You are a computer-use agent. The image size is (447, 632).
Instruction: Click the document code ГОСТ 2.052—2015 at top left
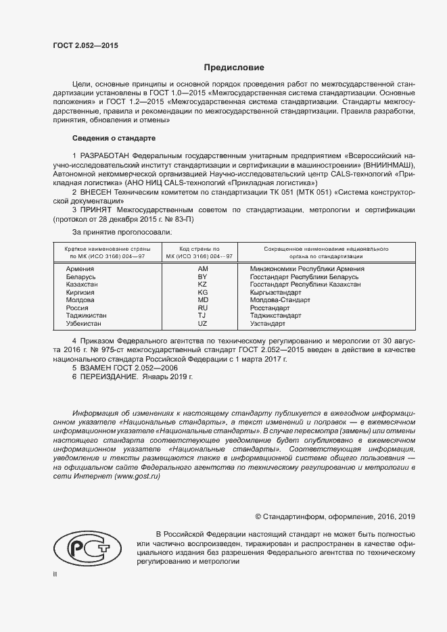85,45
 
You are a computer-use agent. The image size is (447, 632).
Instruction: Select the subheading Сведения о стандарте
114,138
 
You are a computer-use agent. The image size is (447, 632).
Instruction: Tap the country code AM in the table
202,269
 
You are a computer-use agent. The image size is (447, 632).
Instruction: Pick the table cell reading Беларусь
82,277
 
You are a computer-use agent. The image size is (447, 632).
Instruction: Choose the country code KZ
202,285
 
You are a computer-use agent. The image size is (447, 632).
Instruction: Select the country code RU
202,308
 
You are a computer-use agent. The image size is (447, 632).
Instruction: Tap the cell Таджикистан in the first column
86,316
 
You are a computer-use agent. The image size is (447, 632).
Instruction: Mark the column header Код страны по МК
202,253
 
